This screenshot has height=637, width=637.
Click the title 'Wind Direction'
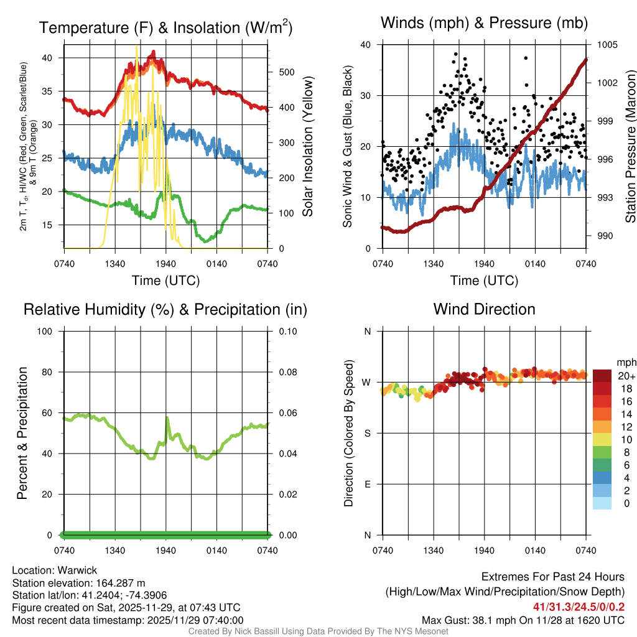(x=484, y=309)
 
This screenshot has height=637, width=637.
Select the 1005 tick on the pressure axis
(x=607, y=45)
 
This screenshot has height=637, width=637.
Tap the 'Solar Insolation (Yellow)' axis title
(x=307, y=146)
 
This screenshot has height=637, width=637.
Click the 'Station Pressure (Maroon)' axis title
(x=630, y=146)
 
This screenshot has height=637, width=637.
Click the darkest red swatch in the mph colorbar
(x=602, y=376)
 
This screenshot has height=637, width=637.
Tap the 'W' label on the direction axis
(x=367, y=382)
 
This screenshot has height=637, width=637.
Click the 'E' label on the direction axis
(x=367, y=484)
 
